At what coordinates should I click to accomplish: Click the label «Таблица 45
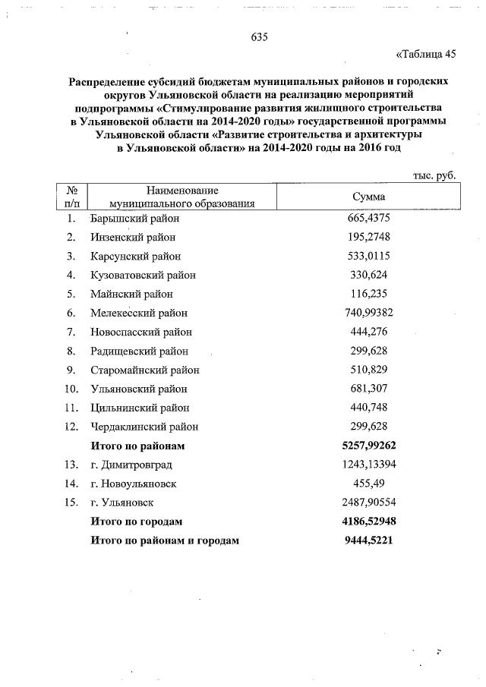pyautogui.click(x=426, y=54)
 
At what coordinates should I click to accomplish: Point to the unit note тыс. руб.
pyautogui.click(x=434, y=175)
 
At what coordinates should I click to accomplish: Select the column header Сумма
pyautogui.click(x=371, y=196)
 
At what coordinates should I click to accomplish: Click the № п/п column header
pyautogui.click(x=74, y=196)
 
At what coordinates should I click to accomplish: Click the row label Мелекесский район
pyautogui.click(x=138, y=313)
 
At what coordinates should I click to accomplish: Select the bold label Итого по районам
pyautogui.click(x=137, y=446)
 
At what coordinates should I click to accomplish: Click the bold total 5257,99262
pyautogui.click(x=370, y=446)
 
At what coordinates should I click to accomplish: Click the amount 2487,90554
pyautogui.click(x=370, y=503)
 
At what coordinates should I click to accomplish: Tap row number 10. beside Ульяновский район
pyautogui.click(x=73, y=389)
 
